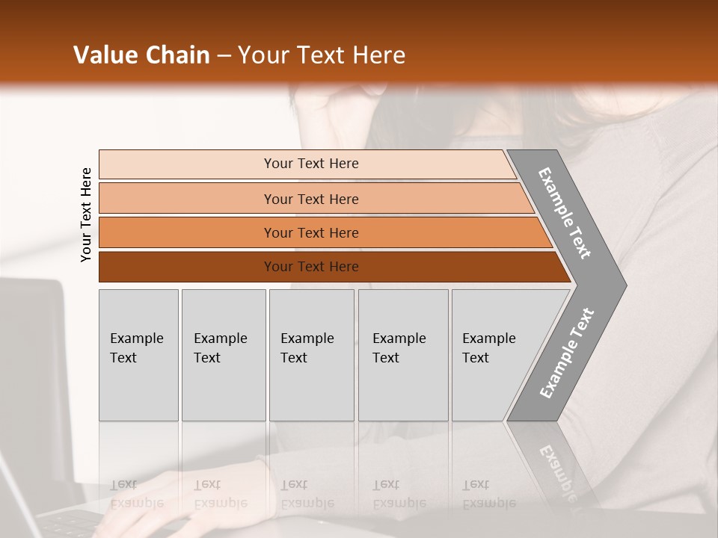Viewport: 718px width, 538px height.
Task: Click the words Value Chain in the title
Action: click(141, 55)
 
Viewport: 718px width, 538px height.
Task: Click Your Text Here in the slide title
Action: click(322, 55)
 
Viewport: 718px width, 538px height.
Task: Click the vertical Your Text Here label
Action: click(86, 214)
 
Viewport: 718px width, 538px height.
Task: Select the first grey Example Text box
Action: click(138, 355)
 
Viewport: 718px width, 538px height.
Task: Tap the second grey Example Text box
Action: click(223, 355)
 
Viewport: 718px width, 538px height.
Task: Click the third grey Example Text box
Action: click(310, 355)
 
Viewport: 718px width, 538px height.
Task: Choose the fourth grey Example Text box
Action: click(402, 355)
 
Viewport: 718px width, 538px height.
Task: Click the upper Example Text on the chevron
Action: click(565, 213)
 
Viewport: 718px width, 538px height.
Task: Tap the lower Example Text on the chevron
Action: click(567, 353)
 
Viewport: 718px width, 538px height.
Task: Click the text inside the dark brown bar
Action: click(311, 267)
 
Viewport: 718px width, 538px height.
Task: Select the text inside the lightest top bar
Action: click(311, 164)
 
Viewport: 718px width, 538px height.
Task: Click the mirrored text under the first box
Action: click(137, 494)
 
